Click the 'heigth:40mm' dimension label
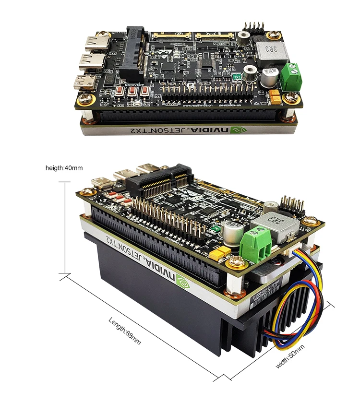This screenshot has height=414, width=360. pyautogui.click(x=64, y=168)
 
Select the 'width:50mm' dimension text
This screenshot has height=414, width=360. pyautogui.click(x=290, y=356)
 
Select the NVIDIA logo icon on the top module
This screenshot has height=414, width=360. pyautogui.click(x=237, y=130)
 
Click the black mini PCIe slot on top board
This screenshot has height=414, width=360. pyautogui.click(x=136, y=53)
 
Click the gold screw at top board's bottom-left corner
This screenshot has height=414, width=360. pyautogui.click(x=86, y=100)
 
